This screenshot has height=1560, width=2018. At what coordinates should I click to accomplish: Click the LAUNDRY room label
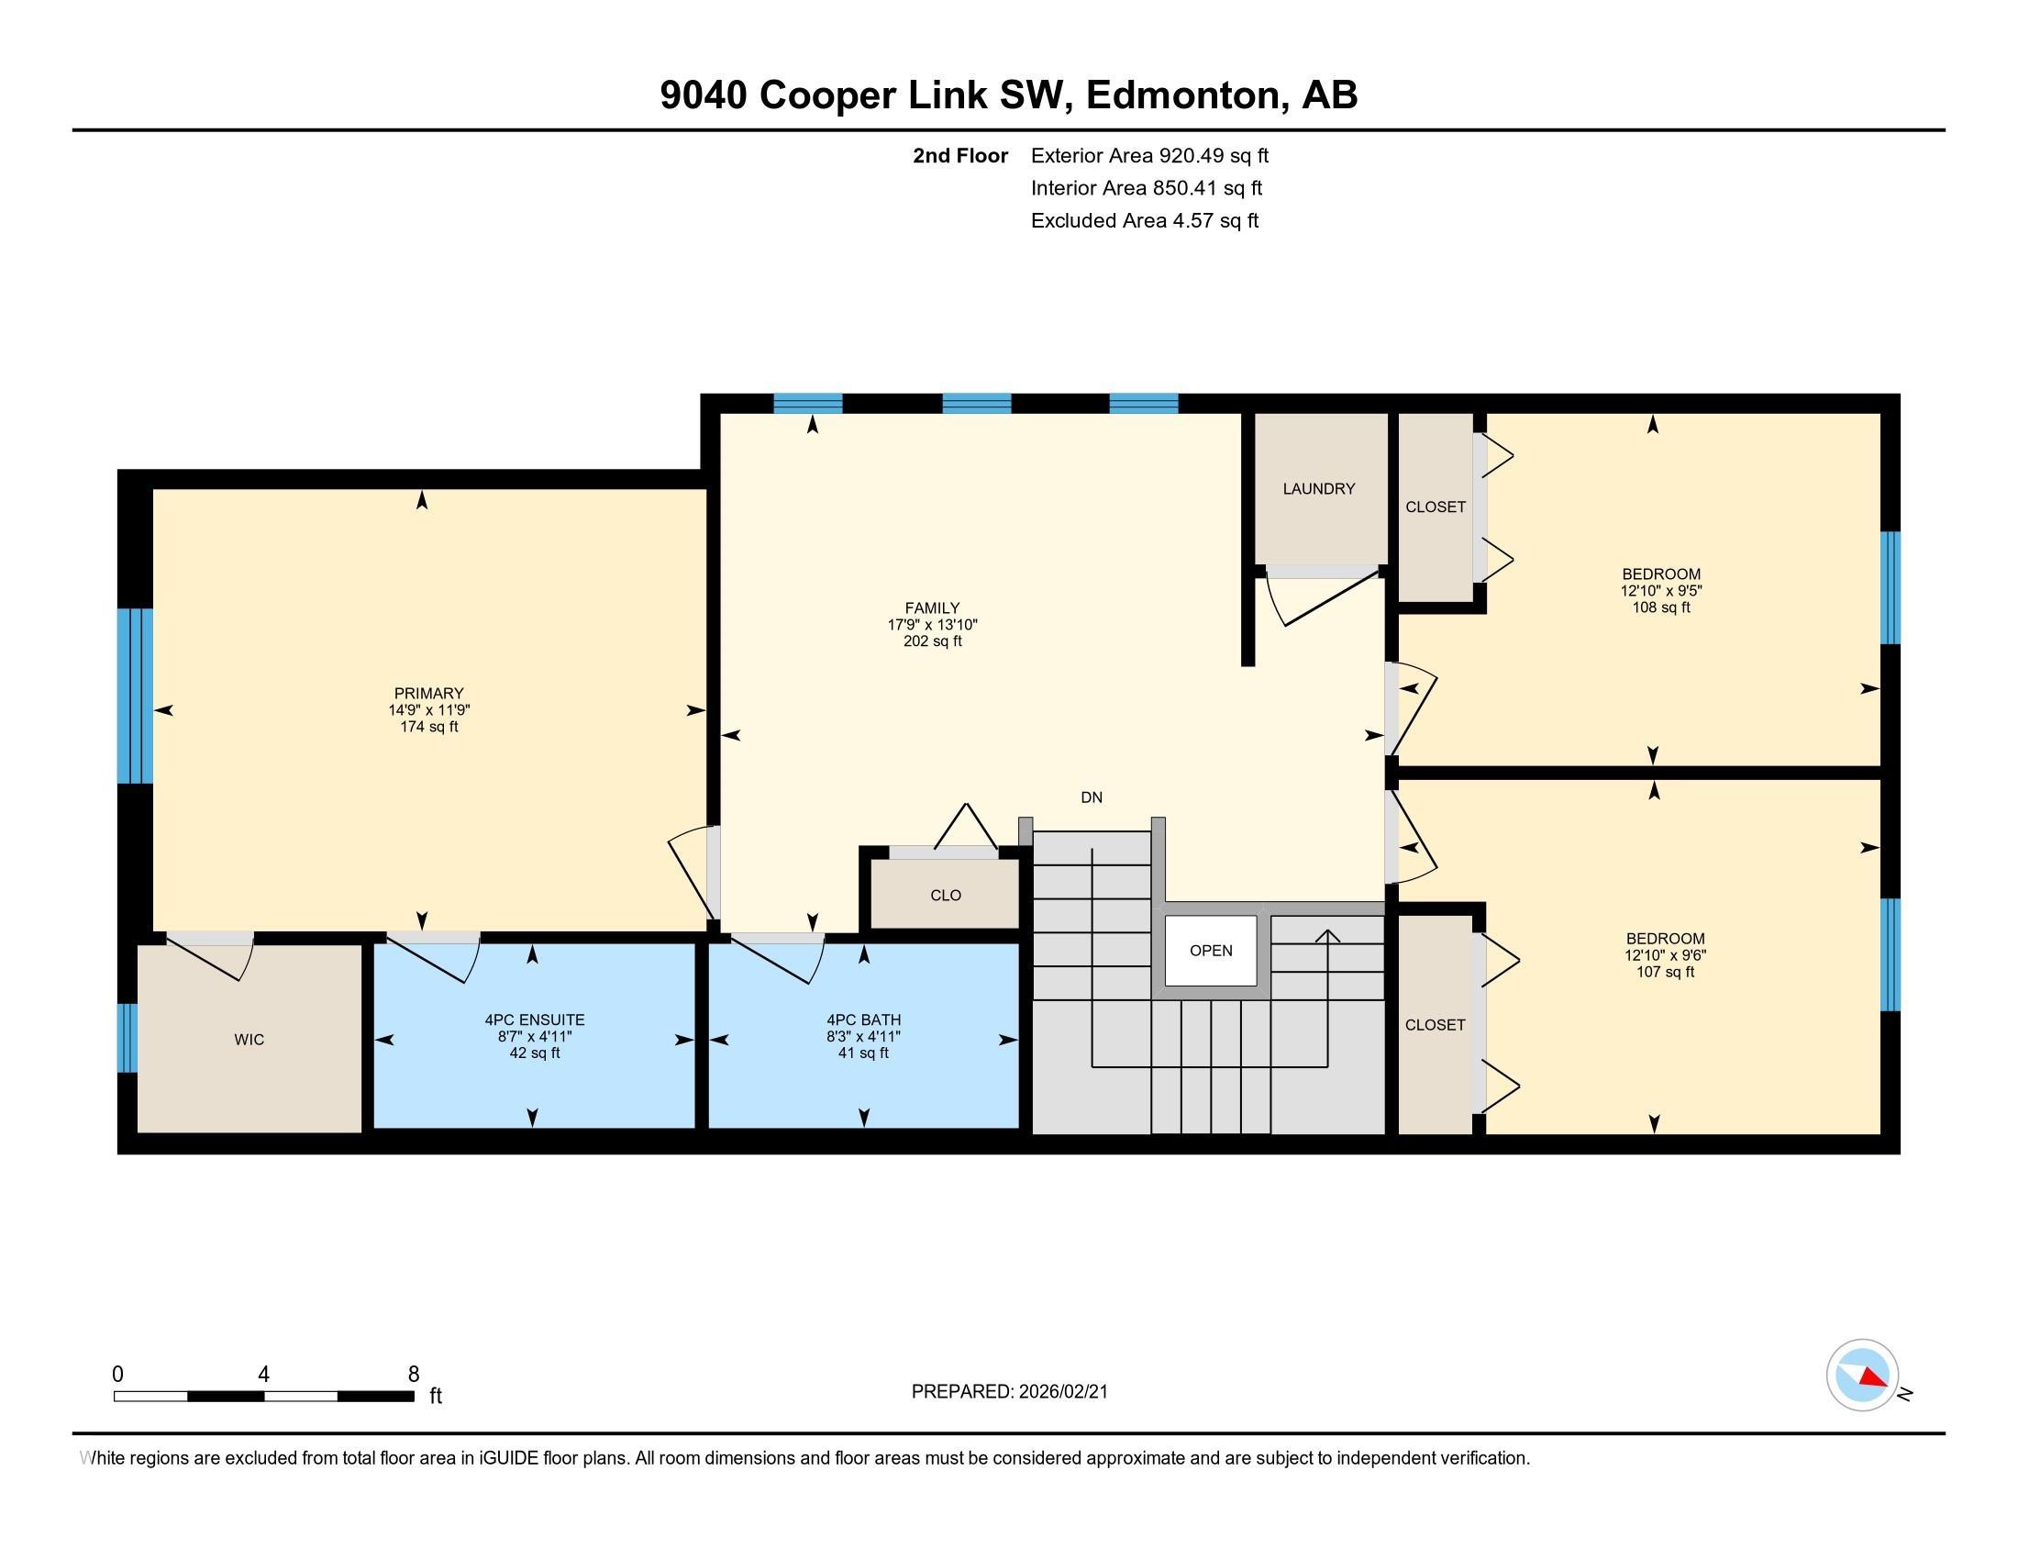tap(1318, 489)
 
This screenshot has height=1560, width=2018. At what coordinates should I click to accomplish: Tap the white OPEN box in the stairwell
tap(1211, 950)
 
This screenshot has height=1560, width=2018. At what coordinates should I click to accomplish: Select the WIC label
tap(249, 1040)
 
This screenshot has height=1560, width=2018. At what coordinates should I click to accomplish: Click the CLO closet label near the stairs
tap(945, 896)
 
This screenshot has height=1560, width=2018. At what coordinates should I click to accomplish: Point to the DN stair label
tap(1092, 797)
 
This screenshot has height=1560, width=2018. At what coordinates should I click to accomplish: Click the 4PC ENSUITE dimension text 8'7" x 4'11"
tap(535, 1037)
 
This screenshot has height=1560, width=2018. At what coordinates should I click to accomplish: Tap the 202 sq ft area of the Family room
tap(932, 641)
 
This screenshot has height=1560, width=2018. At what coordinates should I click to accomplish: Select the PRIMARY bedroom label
tap(428, 693)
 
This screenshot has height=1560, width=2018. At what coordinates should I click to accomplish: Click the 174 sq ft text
tap(428, 727)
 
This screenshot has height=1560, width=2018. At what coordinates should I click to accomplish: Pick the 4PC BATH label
tap(864, 1020)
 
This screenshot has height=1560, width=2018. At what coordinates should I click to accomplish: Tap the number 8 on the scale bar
tap(413, 1375)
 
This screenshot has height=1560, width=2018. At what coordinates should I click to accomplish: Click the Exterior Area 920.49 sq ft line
tap(1149, 155)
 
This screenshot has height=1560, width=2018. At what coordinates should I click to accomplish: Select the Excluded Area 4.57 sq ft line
tap(1145, 220)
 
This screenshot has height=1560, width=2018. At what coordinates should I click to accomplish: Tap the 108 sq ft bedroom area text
tap(1661, 607)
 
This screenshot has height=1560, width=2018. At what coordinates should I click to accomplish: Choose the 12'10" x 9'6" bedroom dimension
tap(1665, 955)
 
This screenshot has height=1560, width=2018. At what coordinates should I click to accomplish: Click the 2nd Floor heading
tap(960, 155)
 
